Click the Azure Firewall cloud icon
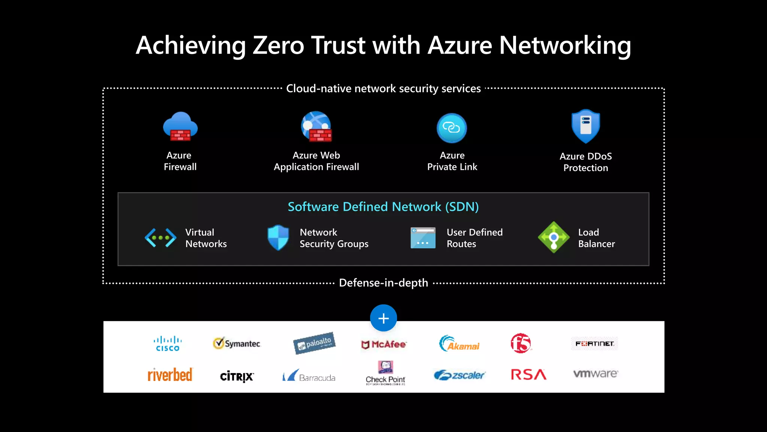(x=180, y=127)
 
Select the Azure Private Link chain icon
(x=452, y=128)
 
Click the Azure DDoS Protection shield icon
(x=586, y=126)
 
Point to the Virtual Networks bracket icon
(x=161, y=238)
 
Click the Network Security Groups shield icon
(x=278, y=237)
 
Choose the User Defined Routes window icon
(x=423, y=238)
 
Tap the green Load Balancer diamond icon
(x=554, y=237)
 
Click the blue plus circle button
(x=383, y=318)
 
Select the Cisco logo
(x=167, y=343)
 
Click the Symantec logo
(x=237, y=343)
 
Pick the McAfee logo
(x=384, y=344)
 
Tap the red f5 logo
(x=521, y=343)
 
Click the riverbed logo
(x=170, y=375)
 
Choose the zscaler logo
(x=460, y=375)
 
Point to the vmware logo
(x=595, y=373)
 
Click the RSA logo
(x=528, y=374)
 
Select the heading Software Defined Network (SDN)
(x=383, y=207)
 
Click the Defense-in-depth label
(x=383, y=283)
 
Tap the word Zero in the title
(x=278, y=45)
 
